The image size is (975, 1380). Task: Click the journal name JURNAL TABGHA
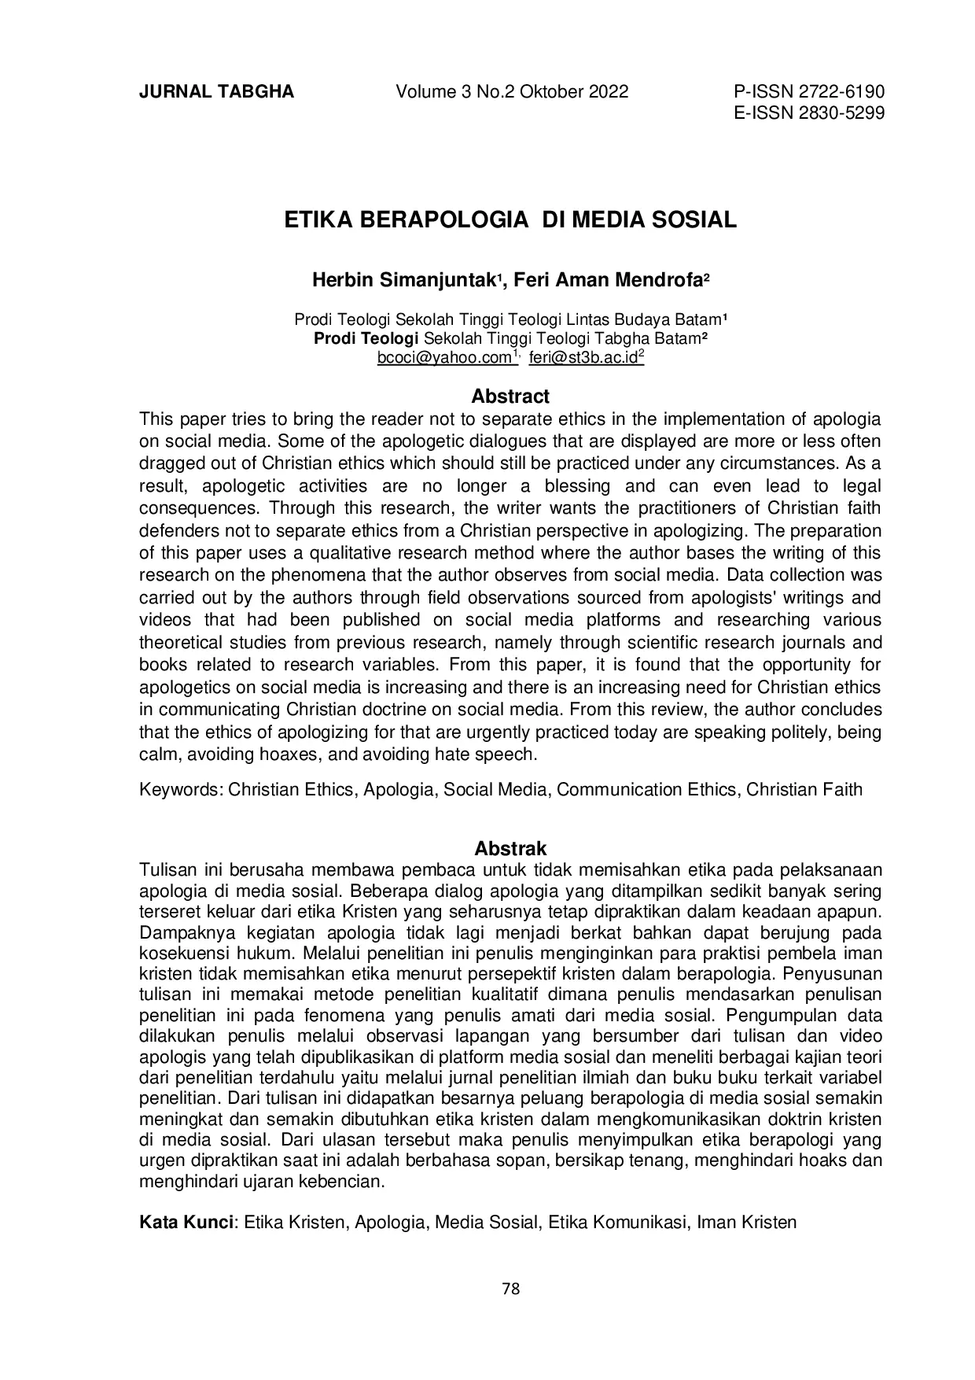tap(216, 92)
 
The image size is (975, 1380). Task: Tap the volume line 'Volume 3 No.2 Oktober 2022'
tap(512, 92)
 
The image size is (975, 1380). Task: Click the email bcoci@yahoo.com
tap(444, 358)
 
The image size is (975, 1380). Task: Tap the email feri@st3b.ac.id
tap(583, 358)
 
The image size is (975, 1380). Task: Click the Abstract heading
tap(510, 397)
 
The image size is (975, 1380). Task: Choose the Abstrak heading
tap(510, 849)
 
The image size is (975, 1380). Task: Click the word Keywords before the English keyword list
tap(180, 789)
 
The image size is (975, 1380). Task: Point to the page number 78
tap(510, 1289)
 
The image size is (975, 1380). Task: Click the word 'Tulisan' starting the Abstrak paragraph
tap(167, 869)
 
